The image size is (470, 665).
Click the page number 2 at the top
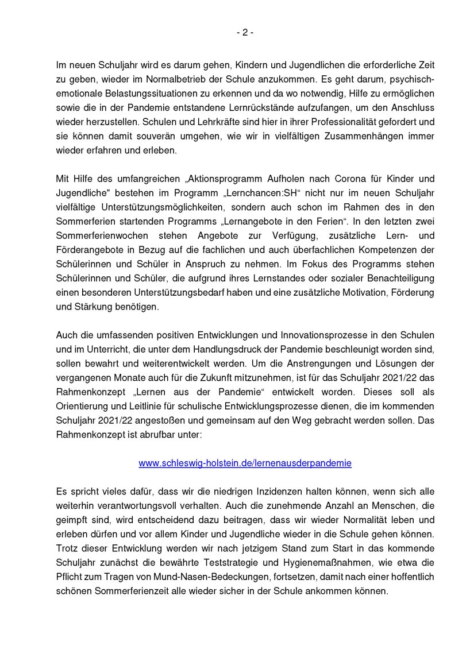[x=244, y=33]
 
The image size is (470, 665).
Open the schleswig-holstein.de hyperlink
[x=245, y=462]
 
